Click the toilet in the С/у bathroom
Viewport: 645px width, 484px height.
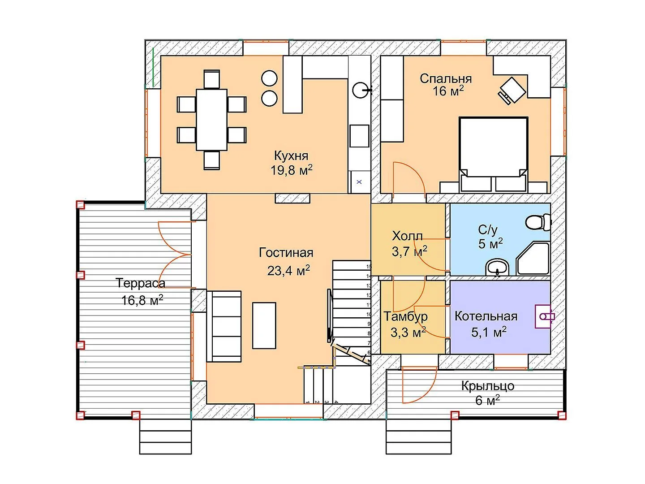pos(538,222)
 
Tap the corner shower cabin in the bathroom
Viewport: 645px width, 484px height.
pos(533,258)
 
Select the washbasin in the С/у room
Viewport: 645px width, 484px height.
pos(497,267)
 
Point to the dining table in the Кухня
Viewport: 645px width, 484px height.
pos(211,120)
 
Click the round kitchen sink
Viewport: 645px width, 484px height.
pos(360,90)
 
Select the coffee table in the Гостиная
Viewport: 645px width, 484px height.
pos(264,325)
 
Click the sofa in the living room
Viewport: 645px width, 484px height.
pos(224,326)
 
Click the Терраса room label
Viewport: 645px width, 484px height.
pos(141,283)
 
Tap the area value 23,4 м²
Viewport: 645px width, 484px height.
pos(288,270)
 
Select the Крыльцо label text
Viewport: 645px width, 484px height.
pos(487,386)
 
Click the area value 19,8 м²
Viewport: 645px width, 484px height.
pos(291,170)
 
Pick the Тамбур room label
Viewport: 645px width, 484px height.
pos(406,316)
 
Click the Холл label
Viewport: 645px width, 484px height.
pos(407,236)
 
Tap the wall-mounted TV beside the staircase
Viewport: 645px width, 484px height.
pos(330,315)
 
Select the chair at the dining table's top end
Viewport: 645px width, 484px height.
pos(211,79)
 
